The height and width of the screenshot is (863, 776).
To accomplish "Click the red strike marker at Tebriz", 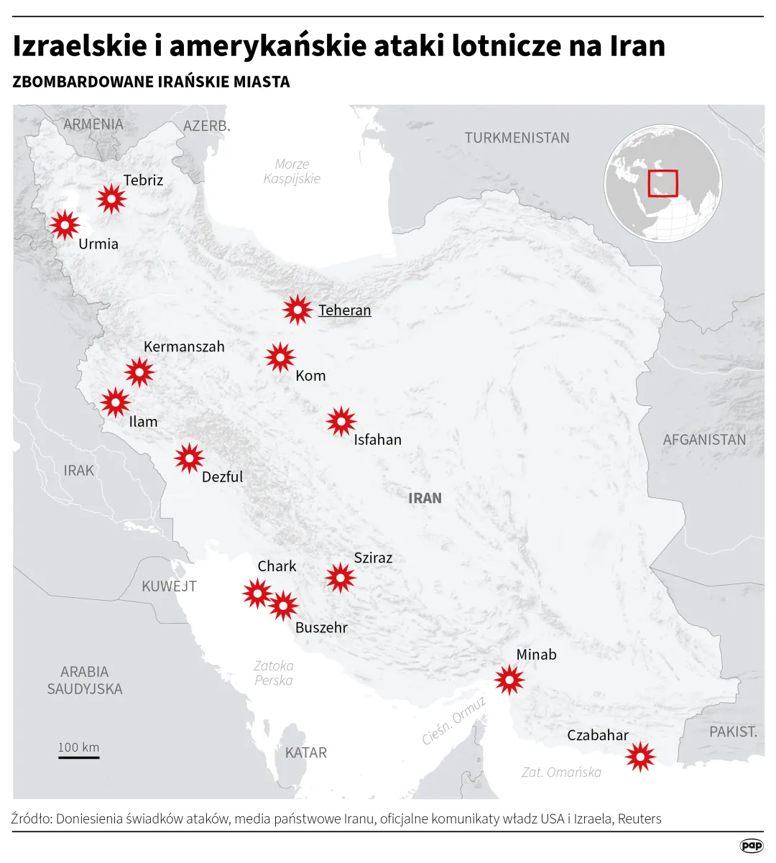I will [x=111, y=198].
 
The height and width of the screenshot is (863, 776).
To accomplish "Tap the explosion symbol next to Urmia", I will [x=65, y=226].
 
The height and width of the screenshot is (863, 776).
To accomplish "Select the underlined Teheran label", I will [x=345, y=310].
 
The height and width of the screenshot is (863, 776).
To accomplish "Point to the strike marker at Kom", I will [x=280, y=357].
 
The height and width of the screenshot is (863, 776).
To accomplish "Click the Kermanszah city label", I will [x=184, y=346].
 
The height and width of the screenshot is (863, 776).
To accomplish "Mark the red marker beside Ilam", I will [x=115, y=402].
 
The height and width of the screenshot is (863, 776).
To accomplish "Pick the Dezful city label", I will [x=222, y=476].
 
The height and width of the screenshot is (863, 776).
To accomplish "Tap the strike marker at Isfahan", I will [x=341, y=422].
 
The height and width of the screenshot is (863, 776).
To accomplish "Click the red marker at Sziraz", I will [x=340, y=577].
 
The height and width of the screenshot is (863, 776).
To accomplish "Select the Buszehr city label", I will [x=321, y=627].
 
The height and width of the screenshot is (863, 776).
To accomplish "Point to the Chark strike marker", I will [x=257, y=594].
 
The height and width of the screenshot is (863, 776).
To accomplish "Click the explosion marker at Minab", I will [x=509, y=680].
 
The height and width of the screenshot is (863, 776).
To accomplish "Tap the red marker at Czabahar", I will [x=640, y=756].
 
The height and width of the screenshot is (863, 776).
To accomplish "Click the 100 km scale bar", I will [x=79, y=757].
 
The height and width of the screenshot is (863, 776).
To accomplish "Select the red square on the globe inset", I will [x=662, y=183].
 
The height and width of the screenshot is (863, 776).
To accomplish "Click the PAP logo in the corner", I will [x=752, y=846].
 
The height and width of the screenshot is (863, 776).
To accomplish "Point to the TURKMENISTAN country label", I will [x=517, y=137].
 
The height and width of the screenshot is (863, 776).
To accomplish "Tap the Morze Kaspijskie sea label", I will [x=292, y=171].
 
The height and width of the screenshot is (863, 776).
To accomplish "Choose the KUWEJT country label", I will [x=169, y=586].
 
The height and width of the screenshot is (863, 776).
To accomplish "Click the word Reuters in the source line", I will [x=639, y=818].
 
